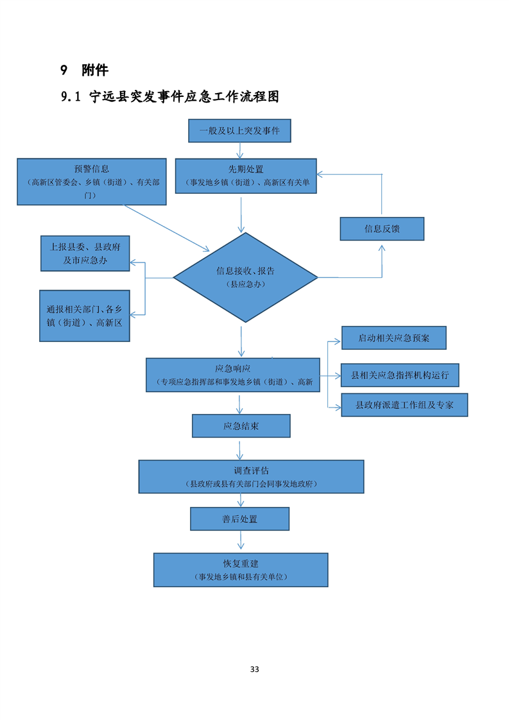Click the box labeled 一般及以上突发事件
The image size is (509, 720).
pyautogui.click(x=239, y=131)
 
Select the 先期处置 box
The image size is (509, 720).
pyautogui.click(x=246, y=176)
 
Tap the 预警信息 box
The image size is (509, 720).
pyautogui.click(x=91, y=182)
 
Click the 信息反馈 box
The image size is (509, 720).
pyautogui.click(x=382, y=228)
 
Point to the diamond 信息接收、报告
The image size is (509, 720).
pyautogui.click(x=245, y=277)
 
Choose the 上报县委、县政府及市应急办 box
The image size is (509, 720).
pyautogui.click(x=85, y=253)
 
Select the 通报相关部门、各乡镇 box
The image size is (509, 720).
pyautogui.click(x=84, y=316)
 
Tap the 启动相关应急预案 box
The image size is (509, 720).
pyautogui.click(x=393, y=338)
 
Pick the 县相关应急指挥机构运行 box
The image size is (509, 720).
pyautogui.click(x=399, y=375)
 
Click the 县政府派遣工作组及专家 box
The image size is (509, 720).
pyautogui.click(x=404, y=405)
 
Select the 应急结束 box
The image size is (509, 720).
pyautogui.click(x=241, y=425)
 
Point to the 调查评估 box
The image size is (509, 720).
pyautogui.click(x=251, y=476)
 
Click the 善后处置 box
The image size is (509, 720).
pyautogui.click(x=239, y=519)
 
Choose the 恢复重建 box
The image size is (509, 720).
pyautogui.click(x=241, y=570)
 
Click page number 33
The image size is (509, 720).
pyautogui.click(x=254, y=669)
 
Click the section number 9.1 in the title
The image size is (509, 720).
pyautogui.click(x=69, y=97)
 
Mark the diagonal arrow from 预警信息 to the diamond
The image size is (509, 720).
pyautogui.click(x=167, y=228)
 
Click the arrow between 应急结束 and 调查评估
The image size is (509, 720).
pyautogui.click(x=240, y=449)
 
